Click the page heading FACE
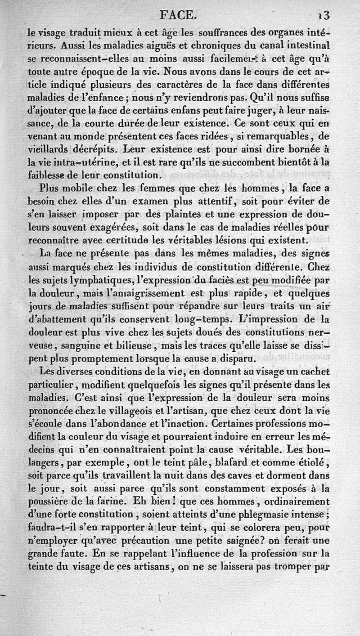179,16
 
